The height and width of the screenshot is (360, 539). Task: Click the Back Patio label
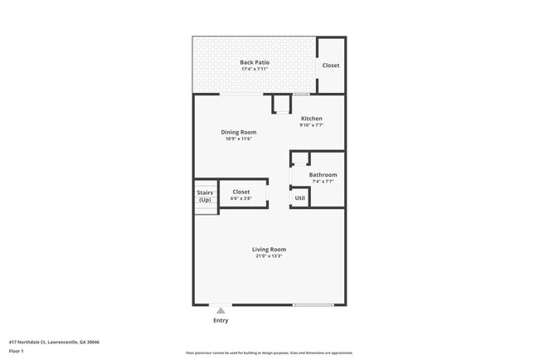(x=255, y=62)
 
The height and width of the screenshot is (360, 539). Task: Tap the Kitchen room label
(x=311, y=119)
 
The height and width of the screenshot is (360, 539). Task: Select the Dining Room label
(x=238, y=132)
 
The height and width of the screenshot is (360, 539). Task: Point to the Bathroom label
(x=323, y=174)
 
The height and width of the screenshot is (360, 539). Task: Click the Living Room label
(x=269, y=249)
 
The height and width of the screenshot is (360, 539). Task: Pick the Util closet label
(x=300, y=198)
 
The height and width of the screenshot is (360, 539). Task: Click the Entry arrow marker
(x=221, y=311)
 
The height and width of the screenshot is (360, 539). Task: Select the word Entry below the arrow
(x=221, y=320)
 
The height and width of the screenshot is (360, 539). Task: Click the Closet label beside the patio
(x=331, y=66)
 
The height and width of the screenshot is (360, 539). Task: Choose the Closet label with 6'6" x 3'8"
(x=240, y=192)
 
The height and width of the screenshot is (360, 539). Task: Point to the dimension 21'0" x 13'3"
(x=269, y=256)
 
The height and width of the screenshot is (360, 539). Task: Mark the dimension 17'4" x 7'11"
(x=255, y=69)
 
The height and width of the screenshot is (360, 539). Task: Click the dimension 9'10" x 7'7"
(x=311, y=126)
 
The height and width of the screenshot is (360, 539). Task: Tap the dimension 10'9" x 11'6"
(x=238, y=139)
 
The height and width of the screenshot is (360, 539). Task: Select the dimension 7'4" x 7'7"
(x=323, y=182)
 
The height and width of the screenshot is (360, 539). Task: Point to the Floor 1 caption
(x=17, y=351)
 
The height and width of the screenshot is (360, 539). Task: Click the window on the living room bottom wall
(x=313, y=304)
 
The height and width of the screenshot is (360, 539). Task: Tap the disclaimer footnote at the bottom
(x=269, y=353)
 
